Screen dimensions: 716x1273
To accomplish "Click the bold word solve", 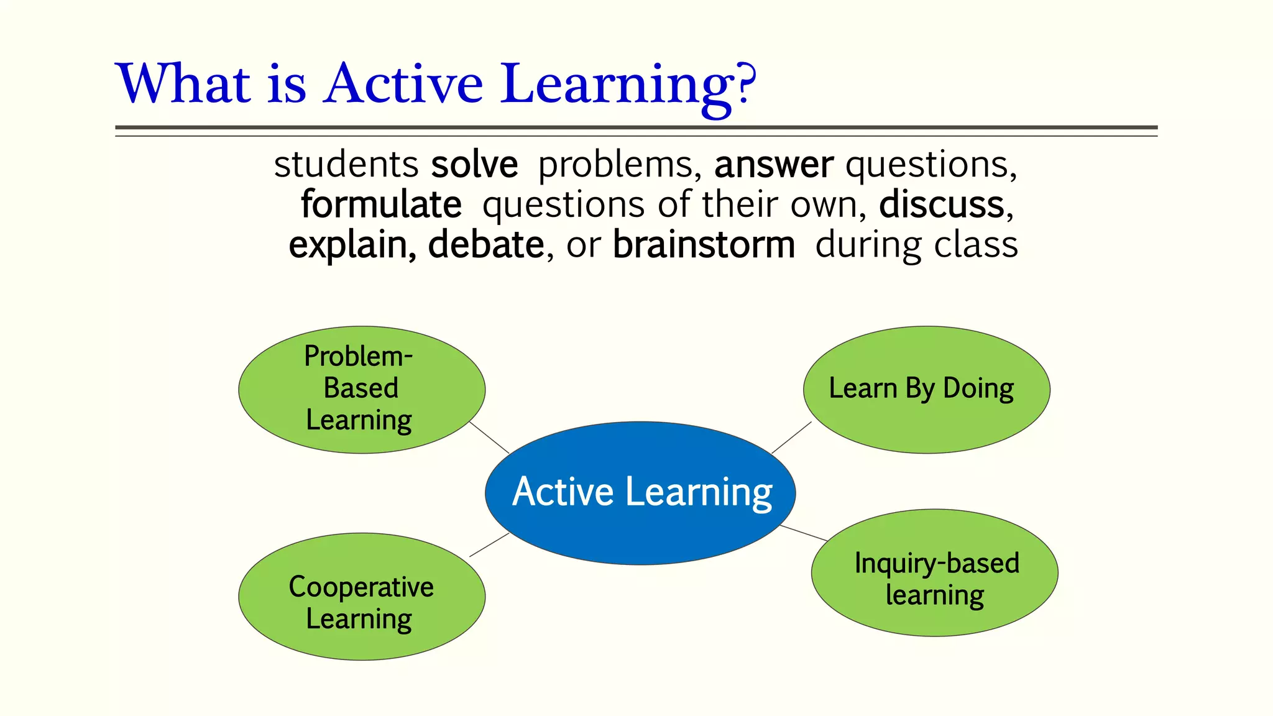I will [474, 165].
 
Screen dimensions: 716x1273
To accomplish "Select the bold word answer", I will [773, 165].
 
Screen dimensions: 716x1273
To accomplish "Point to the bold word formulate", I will [381, 204].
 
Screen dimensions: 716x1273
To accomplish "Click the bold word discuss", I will [942, 204].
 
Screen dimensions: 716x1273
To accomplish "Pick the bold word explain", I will [352, 245].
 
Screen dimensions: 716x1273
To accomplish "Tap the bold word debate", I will [486, 245].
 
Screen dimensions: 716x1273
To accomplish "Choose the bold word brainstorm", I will [704, 245].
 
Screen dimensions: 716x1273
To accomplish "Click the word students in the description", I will [346, 165].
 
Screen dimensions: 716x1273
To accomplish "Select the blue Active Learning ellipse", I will [640, 528].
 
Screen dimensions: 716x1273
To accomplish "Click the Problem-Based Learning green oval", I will [362, 389].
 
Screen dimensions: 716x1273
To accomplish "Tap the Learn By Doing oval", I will [926, 423].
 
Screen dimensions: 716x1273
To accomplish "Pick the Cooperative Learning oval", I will [362, 597].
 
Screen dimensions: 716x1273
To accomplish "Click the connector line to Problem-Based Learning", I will [489, 437].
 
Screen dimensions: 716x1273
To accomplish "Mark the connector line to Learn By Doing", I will [791, 437].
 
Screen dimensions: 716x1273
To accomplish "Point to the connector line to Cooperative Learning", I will [489, 544].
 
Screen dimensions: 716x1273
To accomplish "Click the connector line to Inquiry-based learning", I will [804, 533].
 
